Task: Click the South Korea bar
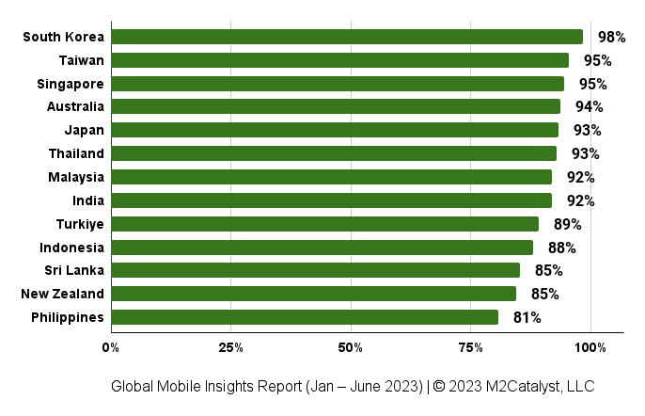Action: (347, 37)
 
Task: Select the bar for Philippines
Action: (305, 317)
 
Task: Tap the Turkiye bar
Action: (325, 224)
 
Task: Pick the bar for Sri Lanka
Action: (316, 270)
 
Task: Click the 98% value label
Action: (612, 37)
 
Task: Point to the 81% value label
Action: (527, 317)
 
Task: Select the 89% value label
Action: (567, 225)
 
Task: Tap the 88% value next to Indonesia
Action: (561, 248)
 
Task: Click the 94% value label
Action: (589, 106)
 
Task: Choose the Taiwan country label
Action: (82, 60)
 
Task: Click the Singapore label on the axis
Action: (71, 85)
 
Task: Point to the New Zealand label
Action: (62, 294)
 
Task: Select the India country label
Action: (88, 200)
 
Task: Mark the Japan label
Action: (85, 131)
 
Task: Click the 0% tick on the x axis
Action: (111, 348)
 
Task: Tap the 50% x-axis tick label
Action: (351, 348)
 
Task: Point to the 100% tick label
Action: (590, 348)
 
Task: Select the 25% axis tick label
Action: (230, 348)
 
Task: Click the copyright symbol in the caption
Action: (439, 386)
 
